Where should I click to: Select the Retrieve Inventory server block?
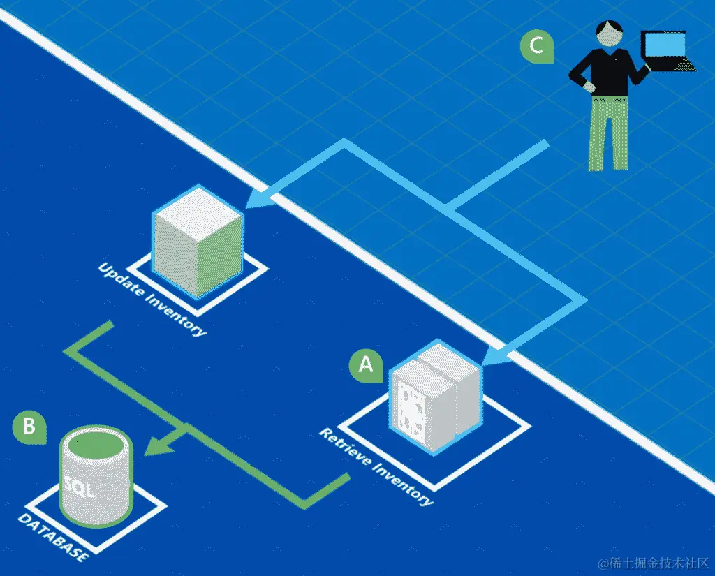pos(434,399)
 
